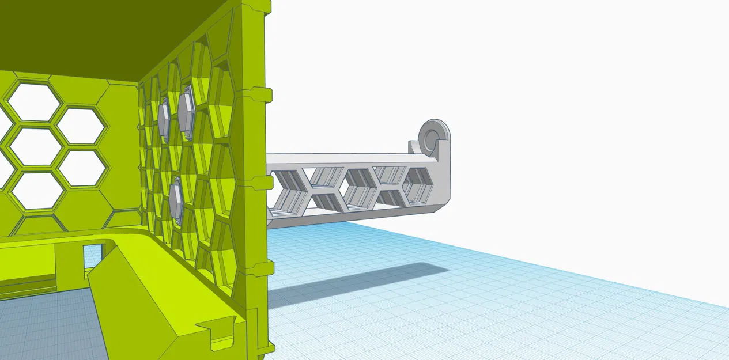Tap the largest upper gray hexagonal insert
click(186, 112)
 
